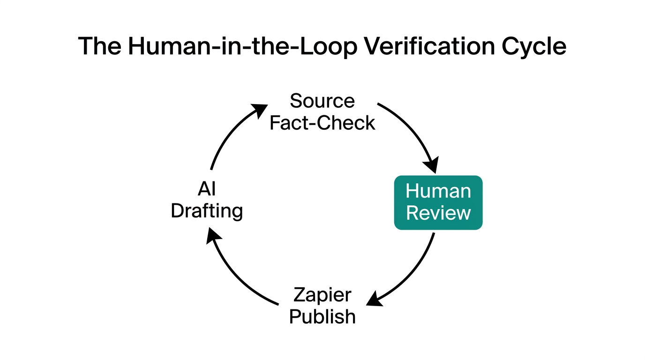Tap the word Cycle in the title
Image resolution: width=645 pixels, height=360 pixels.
click(x=533, y=46)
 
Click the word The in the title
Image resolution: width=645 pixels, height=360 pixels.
click(x=99, y=46)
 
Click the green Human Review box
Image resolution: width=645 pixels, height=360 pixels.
click(x=438, y=202)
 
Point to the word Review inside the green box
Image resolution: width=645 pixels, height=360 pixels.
click(x=438, y=213)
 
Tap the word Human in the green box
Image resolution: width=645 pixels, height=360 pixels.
click(x=438, y=191)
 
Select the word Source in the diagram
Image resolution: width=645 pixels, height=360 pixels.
click(x=322, y=101)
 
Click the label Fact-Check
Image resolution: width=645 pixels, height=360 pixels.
click(x=322, y=123)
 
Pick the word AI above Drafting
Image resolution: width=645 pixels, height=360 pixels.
click(x=206, y=189)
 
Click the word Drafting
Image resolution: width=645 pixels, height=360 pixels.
click(x=206, y=211)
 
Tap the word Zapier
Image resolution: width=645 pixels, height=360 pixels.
click(x=322, y=295)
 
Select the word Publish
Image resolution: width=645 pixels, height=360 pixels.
click(x=322, y=317)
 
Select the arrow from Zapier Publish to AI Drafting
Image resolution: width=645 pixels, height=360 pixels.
click(x=234, y=277)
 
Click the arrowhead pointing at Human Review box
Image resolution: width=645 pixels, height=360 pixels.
click(x=431, y=165)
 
